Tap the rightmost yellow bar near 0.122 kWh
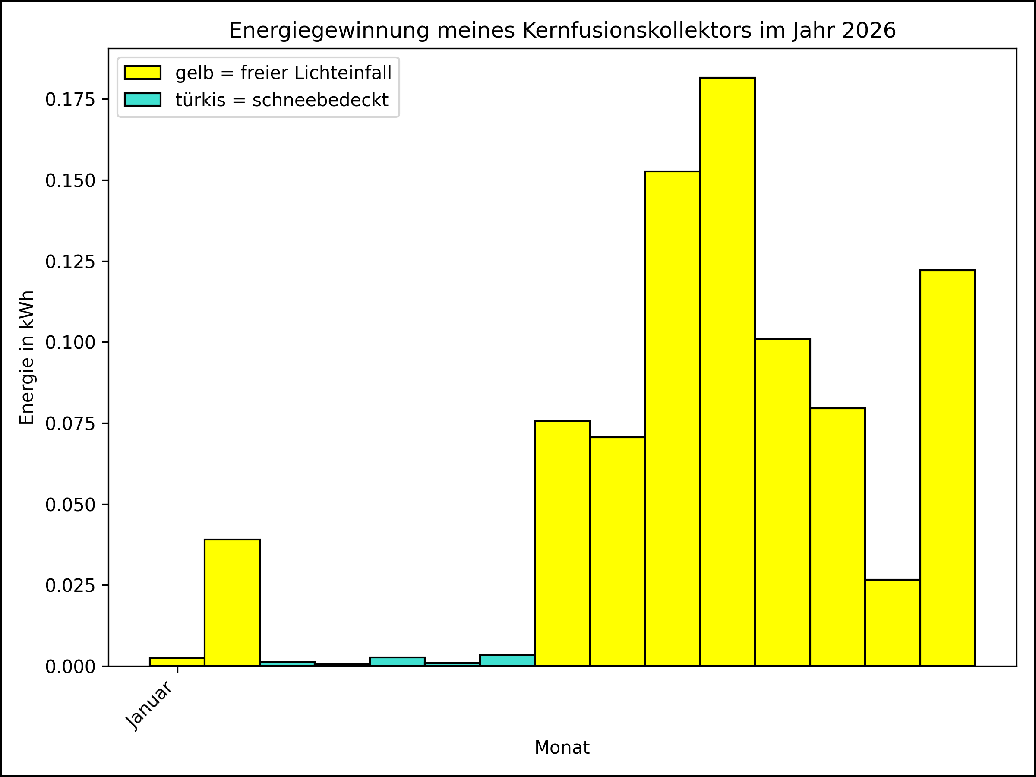click(x=948, y=468)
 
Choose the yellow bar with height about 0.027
click(x=893, y=622)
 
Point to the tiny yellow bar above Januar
click(x=177, y=662)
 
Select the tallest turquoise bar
click(x=507, y=660)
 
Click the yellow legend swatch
click(x=142, y=73)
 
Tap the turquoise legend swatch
click(x=142, y=100)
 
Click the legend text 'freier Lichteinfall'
click(x=316, y=73)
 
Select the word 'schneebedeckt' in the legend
click(x=320, y=100)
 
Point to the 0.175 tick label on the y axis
click(x=70, y=99)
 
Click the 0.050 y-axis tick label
click(x=70, y=505)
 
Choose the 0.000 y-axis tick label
click(x=70, y=666)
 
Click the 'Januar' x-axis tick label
click(x=149, y=705)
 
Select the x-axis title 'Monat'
click(x=562, y=748)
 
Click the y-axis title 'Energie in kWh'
click(x=27, y=357)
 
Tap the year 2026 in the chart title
click(x=869, y=31)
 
